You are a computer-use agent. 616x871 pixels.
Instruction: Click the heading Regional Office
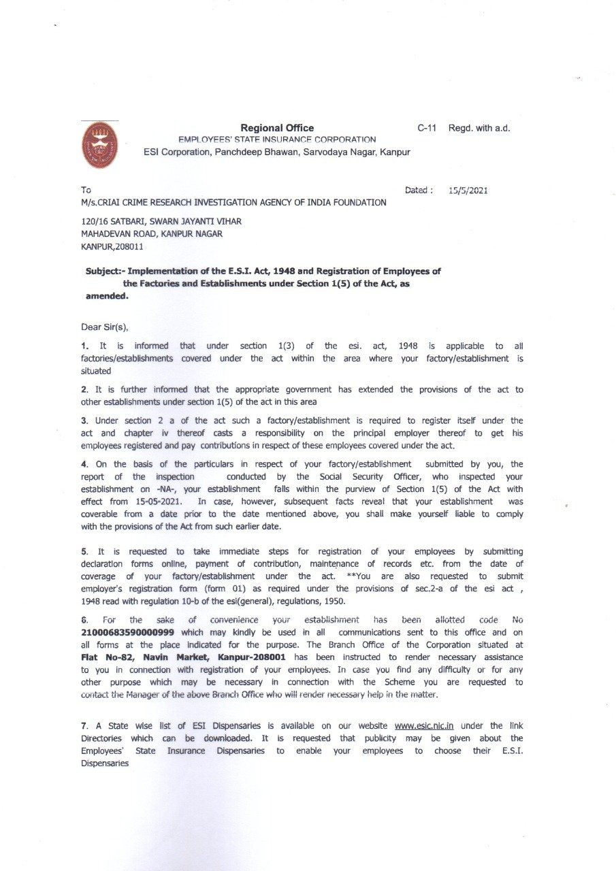pyautogui.click(x=277, y=128)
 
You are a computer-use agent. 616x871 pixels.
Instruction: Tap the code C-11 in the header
pyautogui.click(x=427, y=128)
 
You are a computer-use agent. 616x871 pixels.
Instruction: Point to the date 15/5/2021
pyautogui.click(x=468, y=191)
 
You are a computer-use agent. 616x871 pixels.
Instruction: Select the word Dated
pyautogui.click(x=417, y=191)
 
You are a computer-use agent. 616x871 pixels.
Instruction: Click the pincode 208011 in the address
pyautogui.click(x=129, y=246)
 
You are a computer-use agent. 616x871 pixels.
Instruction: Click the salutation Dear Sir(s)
pyautogui.click(x=104, y=327)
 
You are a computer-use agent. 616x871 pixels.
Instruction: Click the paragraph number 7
pyautogui.click(x=83, y=725)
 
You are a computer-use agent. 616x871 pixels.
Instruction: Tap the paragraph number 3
pyautogui.click(x=83, y=421)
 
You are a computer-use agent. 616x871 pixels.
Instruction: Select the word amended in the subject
pyautogui.click(x=106, y=296)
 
